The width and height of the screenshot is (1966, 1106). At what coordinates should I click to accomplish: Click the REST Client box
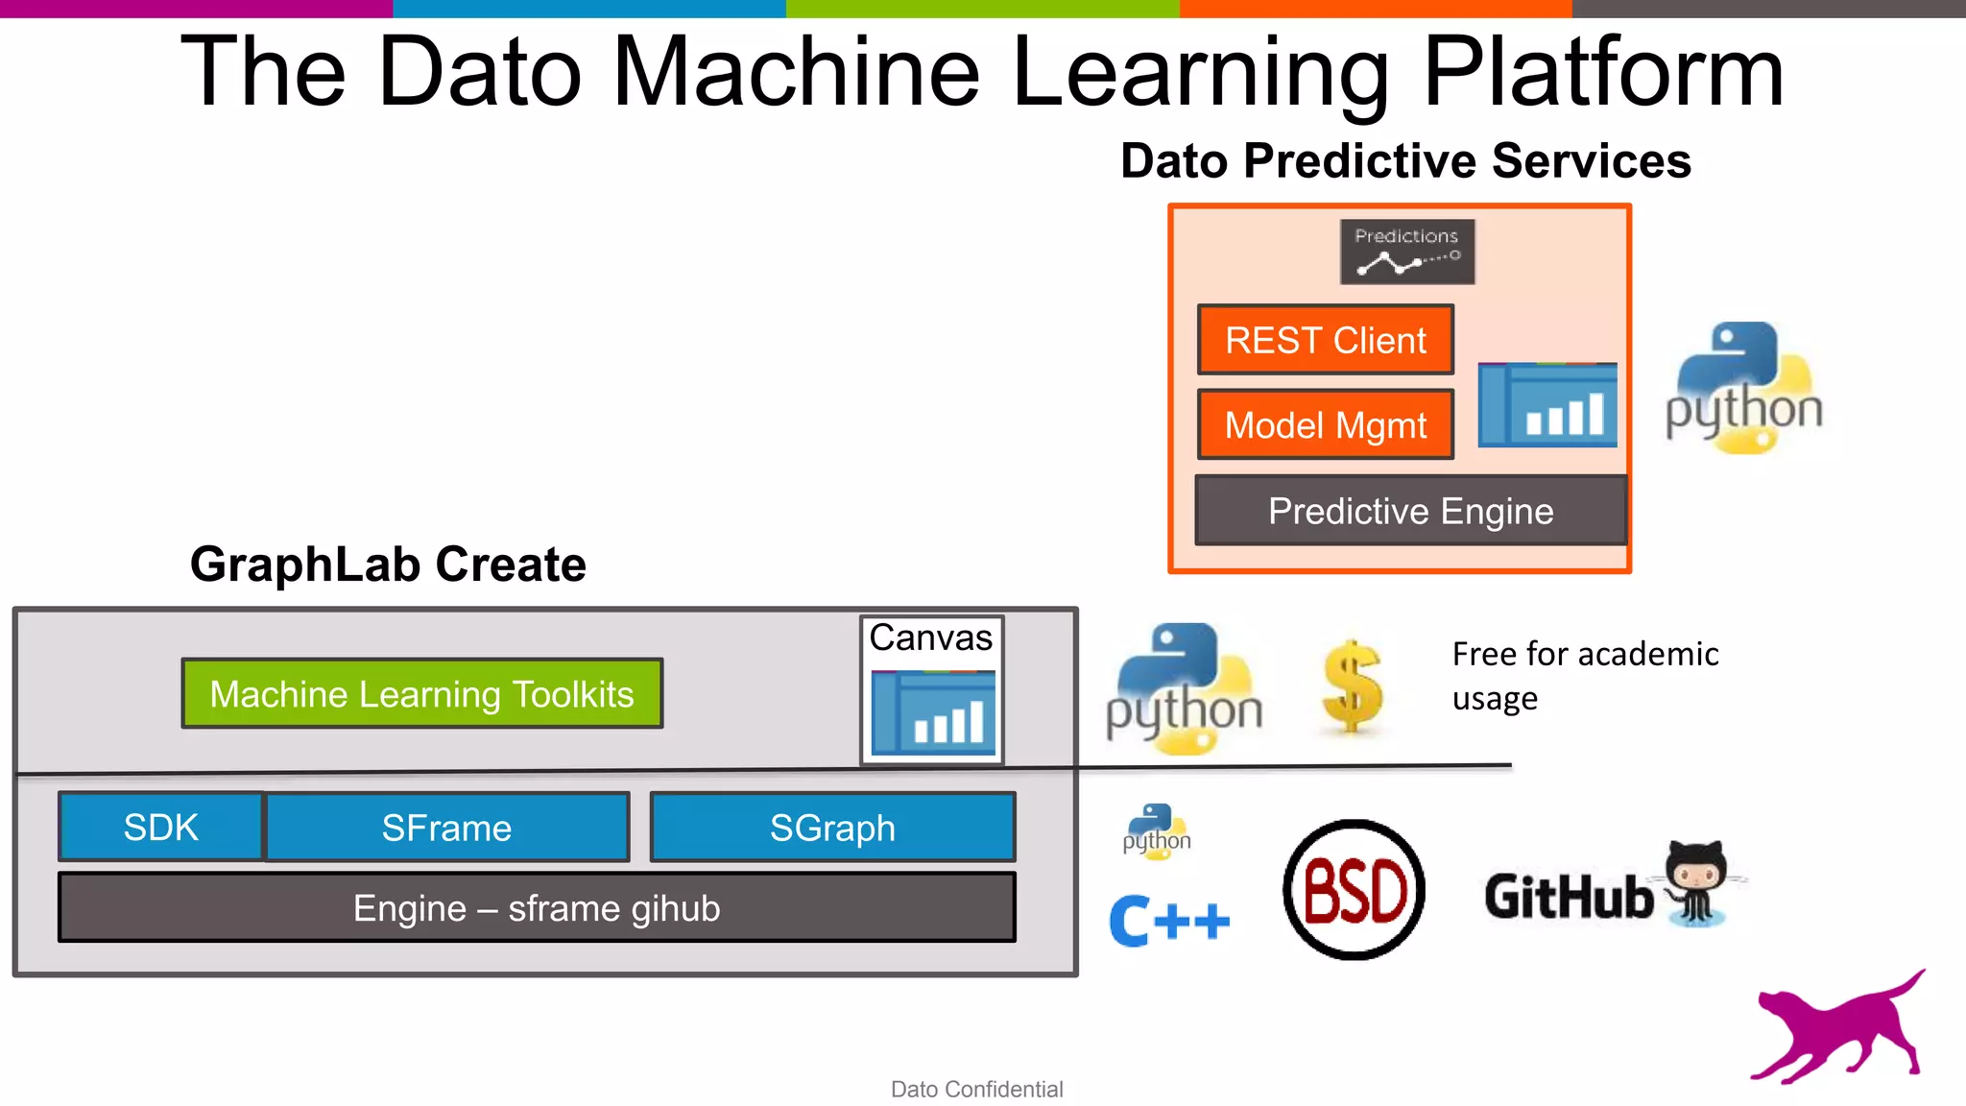[x=1325, y=340]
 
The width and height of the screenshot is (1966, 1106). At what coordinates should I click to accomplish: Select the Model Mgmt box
[x=1325, y=424]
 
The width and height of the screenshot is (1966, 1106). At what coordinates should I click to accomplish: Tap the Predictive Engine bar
[x=1410, y=511]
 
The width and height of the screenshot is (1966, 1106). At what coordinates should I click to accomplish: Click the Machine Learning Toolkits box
[x=421, y=693]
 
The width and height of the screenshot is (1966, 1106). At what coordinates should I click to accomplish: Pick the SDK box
[x=160, y=827]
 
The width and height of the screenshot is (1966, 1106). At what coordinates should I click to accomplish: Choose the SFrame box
[x=446, y=827]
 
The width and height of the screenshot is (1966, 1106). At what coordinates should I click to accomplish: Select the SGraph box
[x=832, y=827]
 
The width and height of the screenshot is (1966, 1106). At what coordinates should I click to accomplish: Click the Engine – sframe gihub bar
[x=537, y=907]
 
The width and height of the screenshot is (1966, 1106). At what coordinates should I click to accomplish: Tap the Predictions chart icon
[x=1407, y=252]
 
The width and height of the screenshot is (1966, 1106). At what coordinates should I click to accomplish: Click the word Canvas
[x=930, y=637]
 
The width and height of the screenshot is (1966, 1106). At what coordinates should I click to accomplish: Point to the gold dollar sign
[x=1353, y=686]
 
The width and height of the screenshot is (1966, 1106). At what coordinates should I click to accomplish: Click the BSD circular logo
[x=1354, y=889]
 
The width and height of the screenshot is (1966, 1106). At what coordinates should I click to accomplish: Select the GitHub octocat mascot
[x=1697, y=882]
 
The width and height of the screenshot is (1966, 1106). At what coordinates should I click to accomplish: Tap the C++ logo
[x=1168, y=921]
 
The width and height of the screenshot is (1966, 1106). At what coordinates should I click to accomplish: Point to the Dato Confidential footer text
[x=976, y=1089]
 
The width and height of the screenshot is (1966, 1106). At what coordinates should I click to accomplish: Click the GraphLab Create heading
[x=388, y=564]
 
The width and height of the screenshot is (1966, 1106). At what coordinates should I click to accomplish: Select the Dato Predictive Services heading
[x=1405, y=160]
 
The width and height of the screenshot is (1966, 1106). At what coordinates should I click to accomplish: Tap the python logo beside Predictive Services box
[x=1743, y=389]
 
